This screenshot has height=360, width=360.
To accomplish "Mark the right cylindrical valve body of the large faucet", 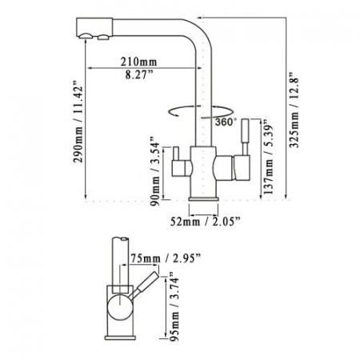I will click(229, 168).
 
